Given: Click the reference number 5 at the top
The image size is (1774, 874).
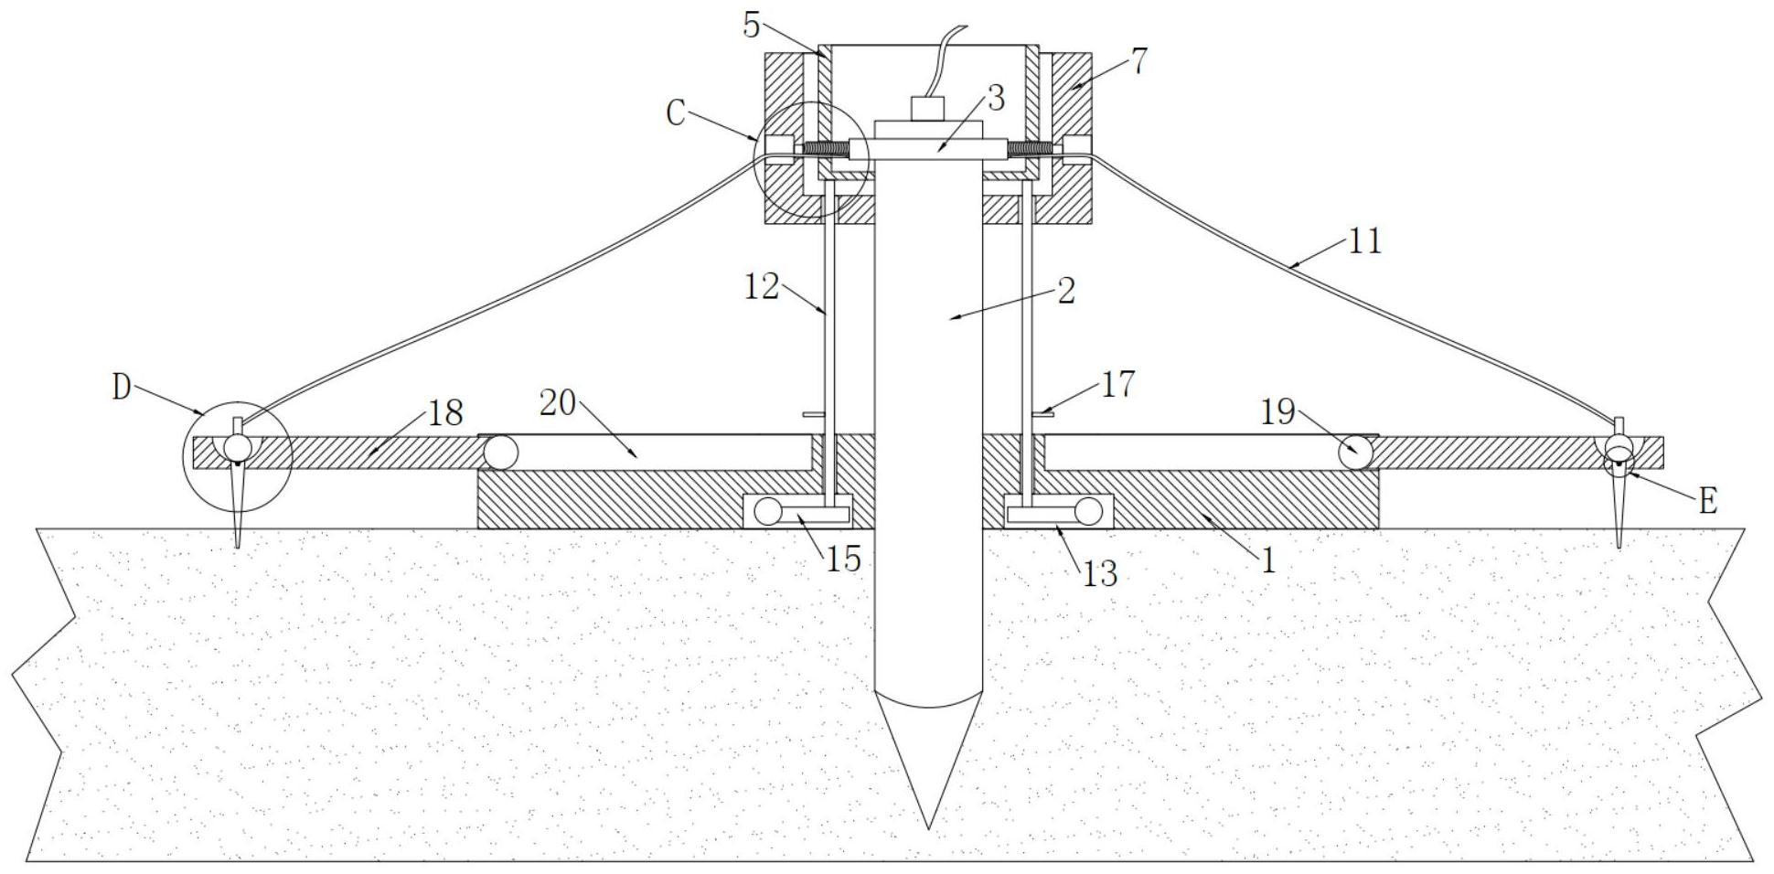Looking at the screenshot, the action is click(x=752, y=25).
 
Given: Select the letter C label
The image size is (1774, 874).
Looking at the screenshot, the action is click(x=676, y=114).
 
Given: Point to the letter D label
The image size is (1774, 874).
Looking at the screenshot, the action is click(x=122, y=388).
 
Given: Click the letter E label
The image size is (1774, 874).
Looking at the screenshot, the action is click(x=1706, y=501).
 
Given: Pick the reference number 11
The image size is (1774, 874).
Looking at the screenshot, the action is click(x=1364, y=241).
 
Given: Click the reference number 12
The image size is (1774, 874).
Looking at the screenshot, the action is click(x=761, y=287).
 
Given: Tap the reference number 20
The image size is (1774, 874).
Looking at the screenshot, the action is click(x=557, y=401).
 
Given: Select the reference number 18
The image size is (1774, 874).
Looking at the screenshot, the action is click(x=445, y=413).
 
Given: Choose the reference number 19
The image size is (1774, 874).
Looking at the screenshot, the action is click(x=1278, y=412).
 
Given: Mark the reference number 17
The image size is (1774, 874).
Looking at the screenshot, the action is click(x=1117, y=384).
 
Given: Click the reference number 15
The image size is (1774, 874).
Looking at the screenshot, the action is click(x=843, y=559).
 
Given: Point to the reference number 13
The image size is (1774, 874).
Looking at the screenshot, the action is click(x=1099, y=573).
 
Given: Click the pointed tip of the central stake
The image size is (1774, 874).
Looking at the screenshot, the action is click(x=928, y=828).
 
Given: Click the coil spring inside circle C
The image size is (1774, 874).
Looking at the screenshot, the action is click(x=826, y=149).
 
